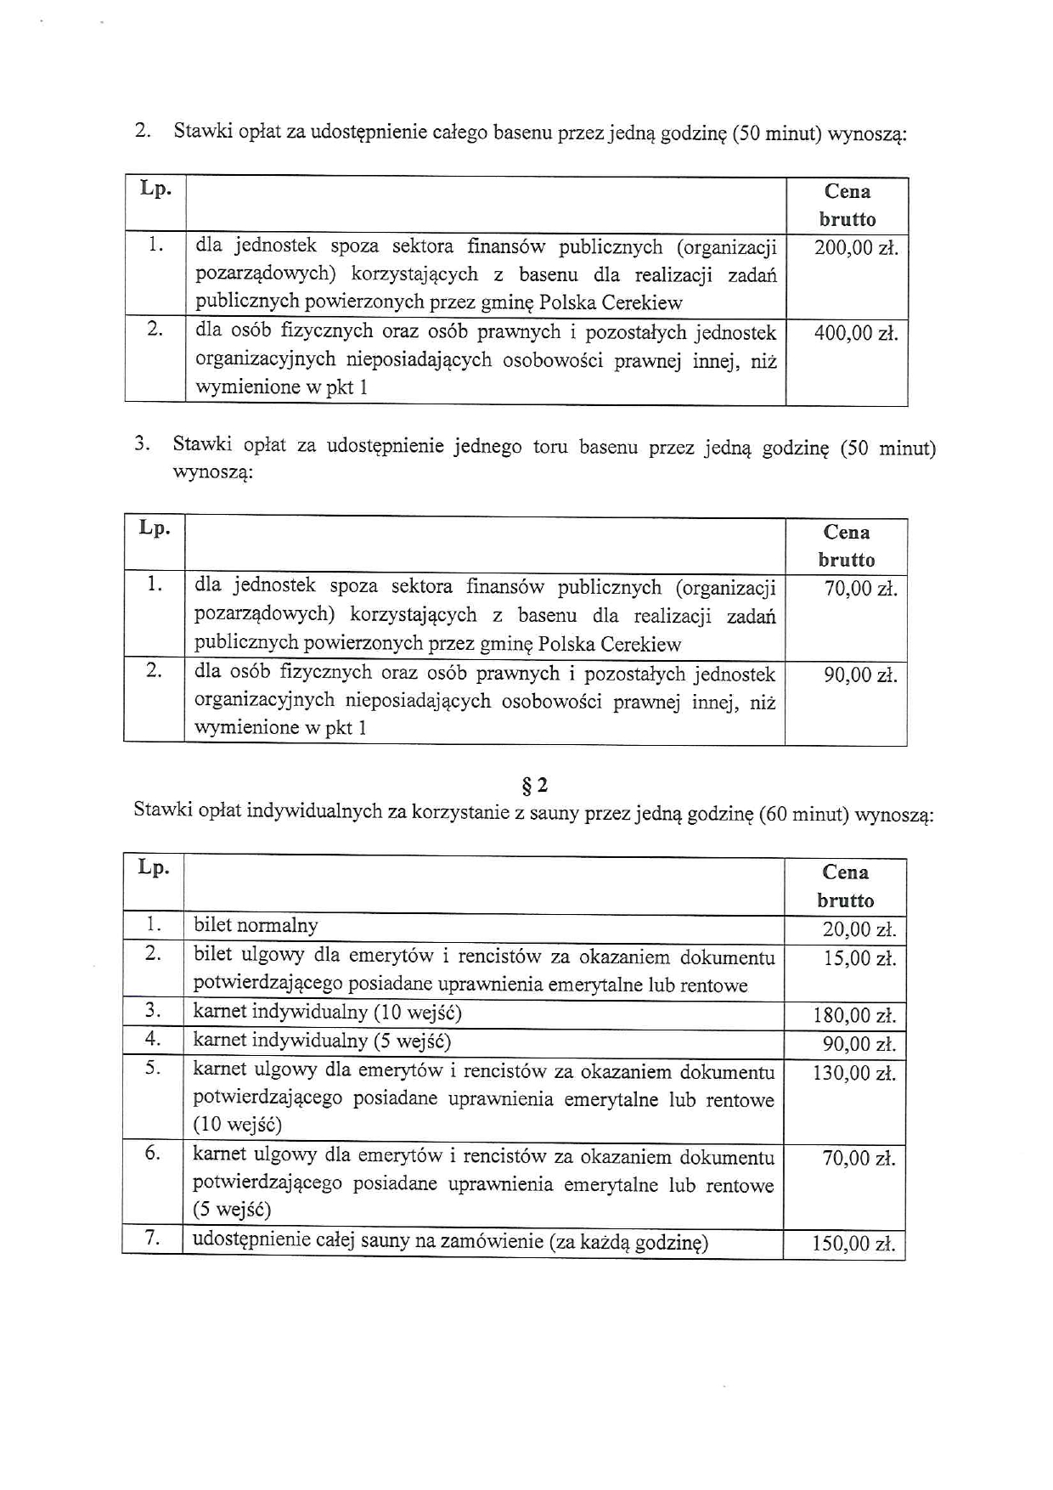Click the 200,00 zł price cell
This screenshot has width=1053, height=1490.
tap(855, 248)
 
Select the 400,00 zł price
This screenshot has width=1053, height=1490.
tap(855, 333)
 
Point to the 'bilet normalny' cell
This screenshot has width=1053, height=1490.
tap(256, 925)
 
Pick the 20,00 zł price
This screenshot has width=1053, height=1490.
tap(859, 929)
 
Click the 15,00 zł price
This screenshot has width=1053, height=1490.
tap(859, 958)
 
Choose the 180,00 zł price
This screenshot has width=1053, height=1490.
tap(853, 1015)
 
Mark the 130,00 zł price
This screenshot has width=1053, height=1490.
tap(853, 1073)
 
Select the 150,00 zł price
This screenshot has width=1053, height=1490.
tap(853, 1244)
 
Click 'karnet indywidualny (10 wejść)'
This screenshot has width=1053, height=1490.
tap(327, 1012)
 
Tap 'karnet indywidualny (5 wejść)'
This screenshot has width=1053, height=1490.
tap(322, 1041)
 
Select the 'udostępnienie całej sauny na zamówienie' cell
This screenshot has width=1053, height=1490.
tap(450, 1241)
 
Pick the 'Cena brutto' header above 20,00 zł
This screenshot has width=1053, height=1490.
tap(845, 886)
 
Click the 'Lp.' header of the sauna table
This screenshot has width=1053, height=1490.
tap(154, 867)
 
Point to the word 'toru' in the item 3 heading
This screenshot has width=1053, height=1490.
tap(549, 447)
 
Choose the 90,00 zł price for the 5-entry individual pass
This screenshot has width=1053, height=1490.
tap(859, 1044)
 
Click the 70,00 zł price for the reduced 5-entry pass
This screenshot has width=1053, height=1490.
tap(859, 1158)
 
